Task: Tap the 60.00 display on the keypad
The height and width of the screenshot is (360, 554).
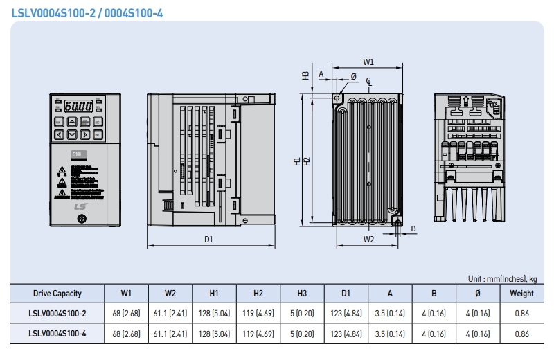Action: pyautogui.click(x=78, y=107)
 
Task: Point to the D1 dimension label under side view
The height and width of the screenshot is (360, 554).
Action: pyautogui.click(x=208, y=239)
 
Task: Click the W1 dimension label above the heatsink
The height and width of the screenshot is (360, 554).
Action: pyautogui.click(x=368, y=61)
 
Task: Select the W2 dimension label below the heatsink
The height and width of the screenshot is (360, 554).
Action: pyautogui.click(x=368, y=239)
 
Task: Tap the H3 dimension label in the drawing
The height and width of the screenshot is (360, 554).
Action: pyautogui.click(x=305, y=75)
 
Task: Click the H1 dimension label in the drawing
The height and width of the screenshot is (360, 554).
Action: pyautogui.click(x=296, y=161)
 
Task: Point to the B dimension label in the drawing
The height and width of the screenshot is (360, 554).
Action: pyautogui.click(x=413, y=228)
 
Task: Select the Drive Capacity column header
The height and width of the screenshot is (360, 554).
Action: pyautogui.click(x=57, y=294)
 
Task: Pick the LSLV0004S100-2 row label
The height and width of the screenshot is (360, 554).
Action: pyautogui.click(x=57, y=314)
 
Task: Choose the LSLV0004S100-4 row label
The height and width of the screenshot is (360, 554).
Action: pyautogui.click(x=57, y=334)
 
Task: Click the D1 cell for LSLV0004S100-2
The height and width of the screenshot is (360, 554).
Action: pyautogui.click(x=346, y=314)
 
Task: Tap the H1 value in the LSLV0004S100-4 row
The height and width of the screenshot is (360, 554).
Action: pyautogui.click(x=214, y=334)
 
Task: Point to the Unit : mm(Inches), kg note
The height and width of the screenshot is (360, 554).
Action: pyautogui.click(x=502, y=278)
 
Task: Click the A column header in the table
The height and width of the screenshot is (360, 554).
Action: pyautogui.click(x=390, y=294)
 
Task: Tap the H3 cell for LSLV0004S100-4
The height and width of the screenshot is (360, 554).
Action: pyautogui.click(x=302, y=334)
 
